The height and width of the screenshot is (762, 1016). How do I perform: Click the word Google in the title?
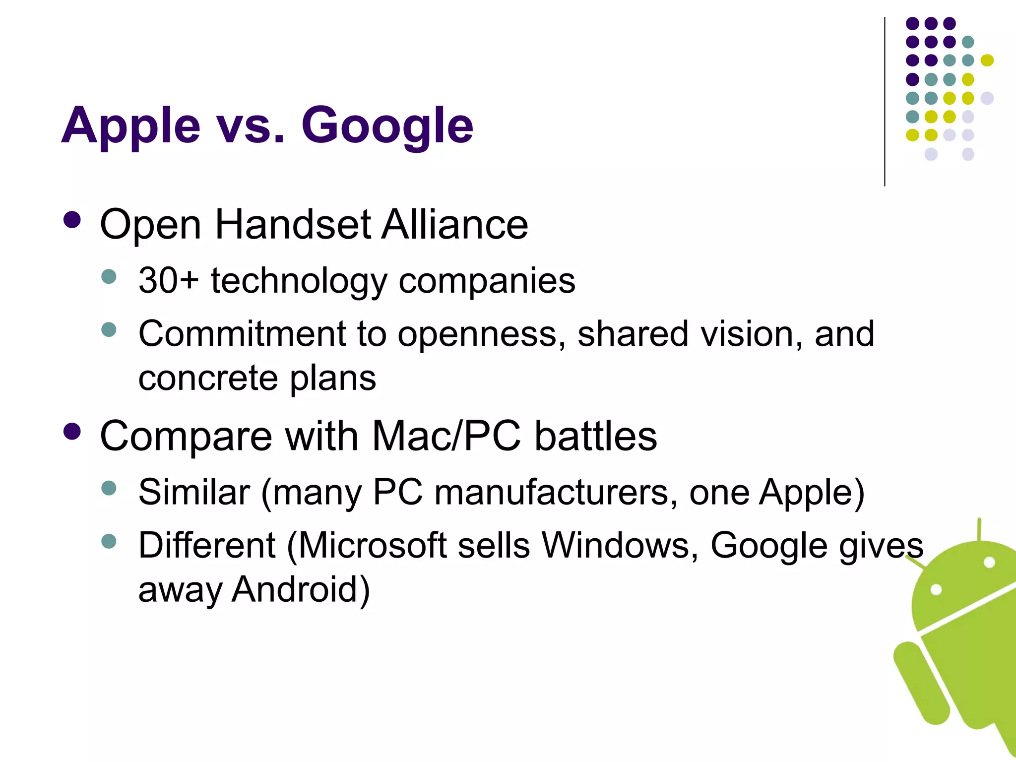point(387,127)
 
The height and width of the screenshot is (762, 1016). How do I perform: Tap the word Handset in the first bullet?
point(293,225)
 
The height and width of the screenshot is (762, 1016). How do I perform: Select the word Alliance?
point(455,225)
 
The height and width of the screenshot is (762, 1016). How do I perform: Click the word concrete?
point(208,379)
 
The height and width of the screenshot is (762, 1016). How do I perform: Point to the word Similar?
point(194,493)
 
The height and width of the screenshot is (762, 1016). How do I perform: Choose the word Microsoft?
point(373,546)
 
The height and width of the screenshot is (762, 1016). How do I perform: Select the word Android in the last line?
point(301,589)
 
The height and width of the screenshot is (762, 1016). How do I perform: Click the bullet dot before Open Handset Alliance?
point(72,220)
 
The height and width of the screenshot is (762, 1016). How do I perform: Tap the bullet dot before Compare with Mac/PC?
point(72,432)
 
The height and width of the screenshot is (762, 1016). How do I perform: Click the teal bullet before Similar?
point(109,488)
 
